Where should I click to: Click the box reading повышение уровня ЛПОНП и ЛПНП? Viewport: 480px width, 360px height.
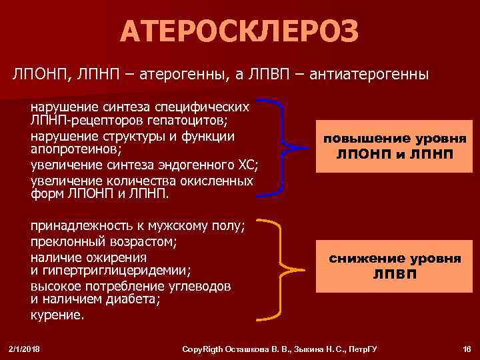click(x=393, y=147)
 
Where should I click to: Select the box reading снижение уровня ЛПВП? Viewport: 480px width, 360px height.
click(x=393, y=266)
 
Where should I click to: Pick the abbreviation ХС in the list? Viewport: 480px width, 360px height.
click(x=246, y=165)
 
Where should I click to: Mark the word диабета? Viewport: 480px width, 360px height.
click(x=133, y=300)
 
